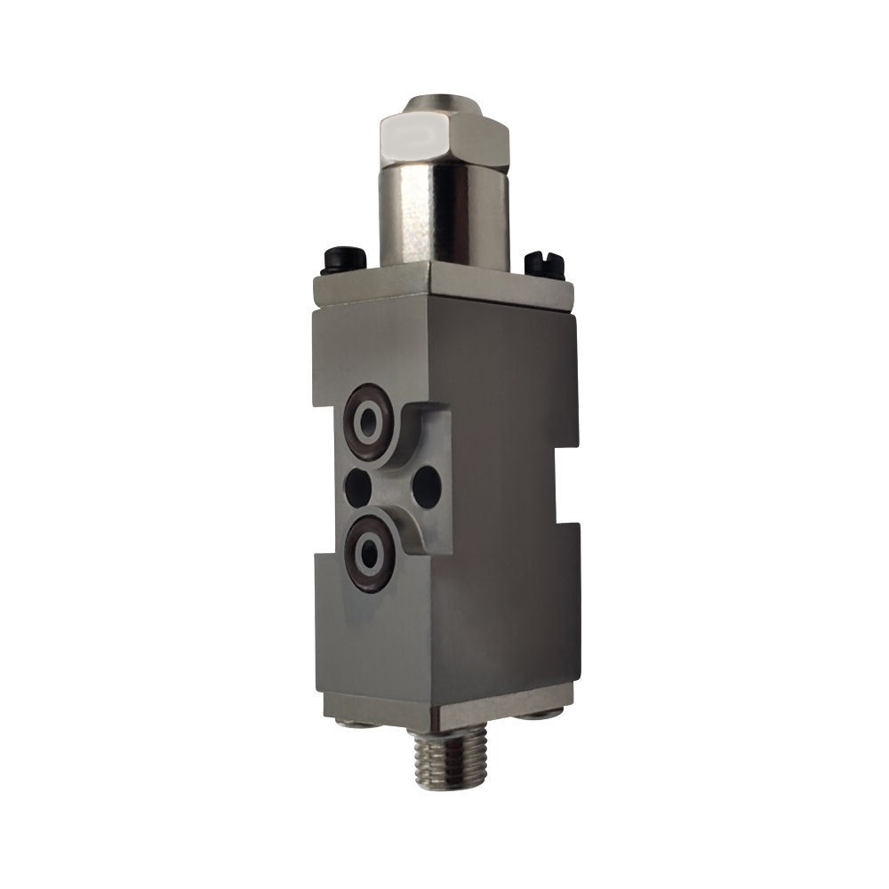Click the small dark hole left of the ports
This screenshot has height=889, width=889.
[x=357, y=485]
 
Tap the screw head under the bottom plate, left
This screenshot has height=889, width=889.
[x=356, y=721]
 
